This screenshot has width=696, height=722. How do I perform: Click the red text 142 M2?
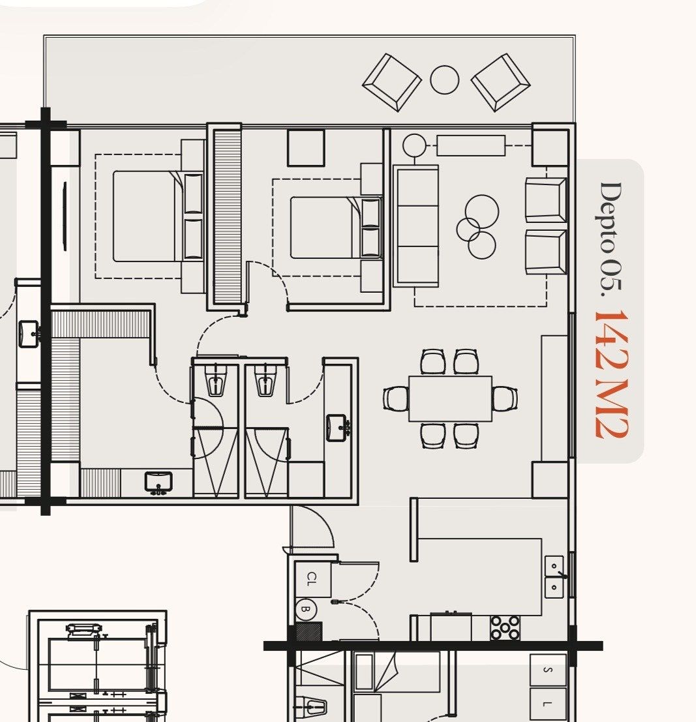(611, 374)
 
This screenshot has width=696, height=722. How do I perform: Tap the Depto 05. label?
(611, 239)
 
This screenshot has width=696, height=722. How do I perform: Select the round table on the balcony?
(444, 80)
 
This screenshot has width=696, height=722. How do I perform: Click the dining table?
(450, 399)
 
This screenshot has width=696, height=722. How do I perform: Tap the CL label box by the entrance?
(312, 579)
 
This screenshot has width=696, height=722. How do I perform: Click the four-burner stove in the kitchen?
(505, 627)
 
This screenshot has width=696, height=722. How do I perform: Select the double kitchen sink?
(554, 577)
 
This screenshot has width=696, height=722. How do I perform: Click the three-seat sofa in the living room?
(416, 226)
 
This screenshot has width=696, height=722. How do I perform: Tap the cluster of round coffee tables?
(477, 226)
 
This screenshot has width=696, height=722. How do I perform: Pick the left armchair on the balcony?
(392, 82)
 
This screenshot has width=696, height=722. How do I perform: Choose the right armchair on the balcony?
(501, 82)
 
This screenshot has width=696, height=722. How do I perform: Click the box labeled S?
(548, 670)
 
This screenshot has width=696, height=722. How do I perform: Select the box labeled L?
(548, 704)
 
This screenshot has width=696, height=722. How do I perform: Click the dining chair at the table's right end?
(505, 399)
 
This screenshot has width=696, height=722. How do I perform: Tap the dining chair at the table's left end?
(396, 399)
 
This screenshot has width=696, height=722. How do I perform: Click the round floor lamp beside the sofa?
(414, 145)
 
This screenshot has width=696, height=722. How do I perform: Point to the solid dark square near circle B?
(308, 631)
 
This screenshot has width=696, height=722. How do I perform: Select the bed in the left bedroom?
(158, 217)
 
